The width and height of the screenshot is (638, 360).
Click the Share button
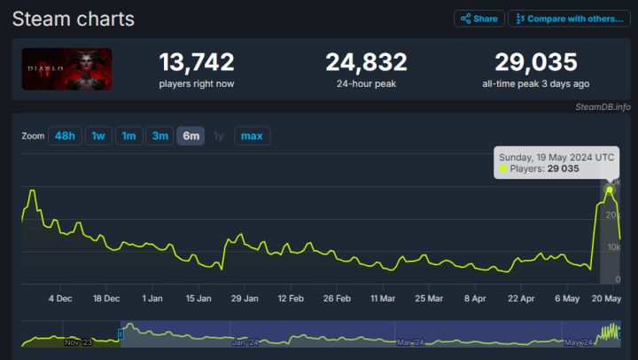coord(479,19)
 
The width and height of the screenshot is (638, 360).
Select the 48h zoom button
coord(65,136)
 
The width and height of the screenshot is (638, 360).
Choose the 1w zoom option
coord(98,136)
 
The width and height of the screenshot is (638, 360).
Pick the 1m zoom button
coord(128,136)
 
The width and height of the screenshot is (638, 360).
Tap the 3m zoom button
coord(159,136)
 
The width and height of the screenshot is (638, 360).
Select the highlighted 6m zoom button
coord(191,136)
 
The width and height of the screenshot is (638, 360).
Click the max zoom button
coord(252,136)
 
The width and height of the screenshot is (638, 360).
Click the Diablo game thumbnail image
coord(66,69)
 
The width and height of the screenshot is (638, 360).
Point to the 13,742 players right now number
coord(197,62)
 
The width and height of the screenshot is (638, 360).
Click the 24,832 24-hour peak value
coord(366,62)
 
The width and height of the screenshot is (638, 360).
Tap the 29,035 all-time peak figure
coord(535,62)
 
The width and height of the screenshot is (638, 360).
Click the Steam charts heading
coord(73,19)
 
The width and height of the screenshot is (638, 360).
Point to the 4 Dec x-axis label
coord(60,299)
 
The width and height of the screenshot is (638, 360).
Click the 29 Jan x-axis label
coord(244,299)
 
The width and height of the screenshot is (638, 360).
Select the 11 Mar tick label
coord(383,299)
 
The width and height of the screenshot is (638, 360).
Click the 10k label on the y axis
coord(612,247)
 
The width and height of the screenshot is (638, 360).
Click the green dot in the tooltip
coord(503,168)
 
